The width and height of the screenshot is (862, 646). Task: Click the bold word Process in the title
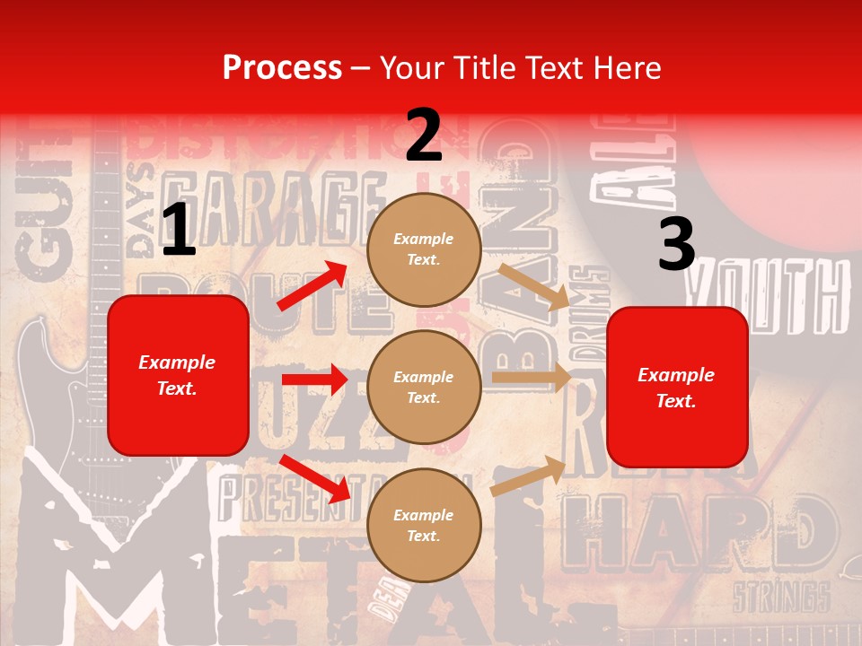282,67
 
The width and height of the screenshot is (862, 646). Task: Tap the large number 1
179,230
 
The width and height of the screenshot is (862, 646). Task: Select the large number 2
423,135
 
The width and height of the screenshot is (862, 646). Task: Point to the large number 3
676,244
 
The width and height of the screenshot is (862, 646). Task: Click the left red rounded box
178,375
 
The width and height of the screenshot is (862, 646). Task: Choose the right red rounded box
677,388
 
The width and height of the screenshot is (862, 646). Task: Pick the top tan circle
424,249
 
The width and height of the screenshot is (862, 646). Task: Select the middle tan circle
424,388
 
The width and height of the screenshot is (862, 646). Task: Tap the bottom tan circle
424,526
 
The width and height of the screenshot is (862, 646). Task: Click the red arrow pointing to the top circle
312,286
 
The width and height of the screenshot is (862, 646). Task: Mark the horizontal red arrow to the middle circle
314,380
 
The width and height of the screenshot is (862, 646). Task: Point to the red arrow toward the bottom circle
315,478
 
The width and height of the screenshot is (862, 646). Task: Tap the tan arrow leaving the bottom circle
528,476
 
